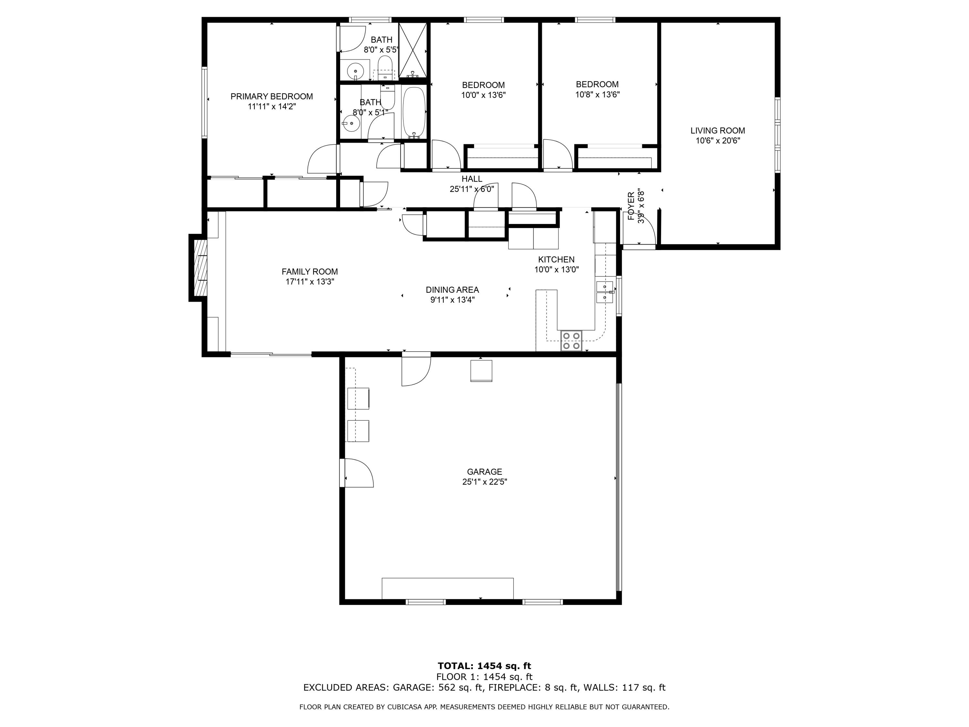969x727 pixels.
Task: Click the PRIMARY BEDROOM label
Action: (272, 96)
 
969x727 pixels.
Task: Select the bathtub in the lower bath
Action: (413, 112)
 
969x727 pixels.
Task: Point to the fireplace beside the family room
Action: (198, 268)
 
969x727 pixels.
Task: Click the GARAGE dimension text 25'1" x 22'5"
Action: (484, 482)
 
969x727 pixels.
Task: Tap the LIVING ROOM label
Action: (718, 131)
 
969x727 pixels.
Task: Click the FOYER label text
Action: (631, 206)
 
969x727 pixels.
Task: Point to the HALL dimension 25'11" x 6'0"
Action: (472, 189)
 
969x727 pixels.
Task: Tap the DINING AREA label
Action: (452, 290)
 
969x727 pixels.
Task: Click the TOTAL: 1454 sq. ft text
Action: (484, 666)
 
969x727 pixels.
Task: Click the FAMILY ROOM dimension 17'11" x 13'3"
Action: (310, 282)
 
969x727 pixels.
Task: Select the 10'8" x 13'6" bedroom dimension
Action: (597, 94)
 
